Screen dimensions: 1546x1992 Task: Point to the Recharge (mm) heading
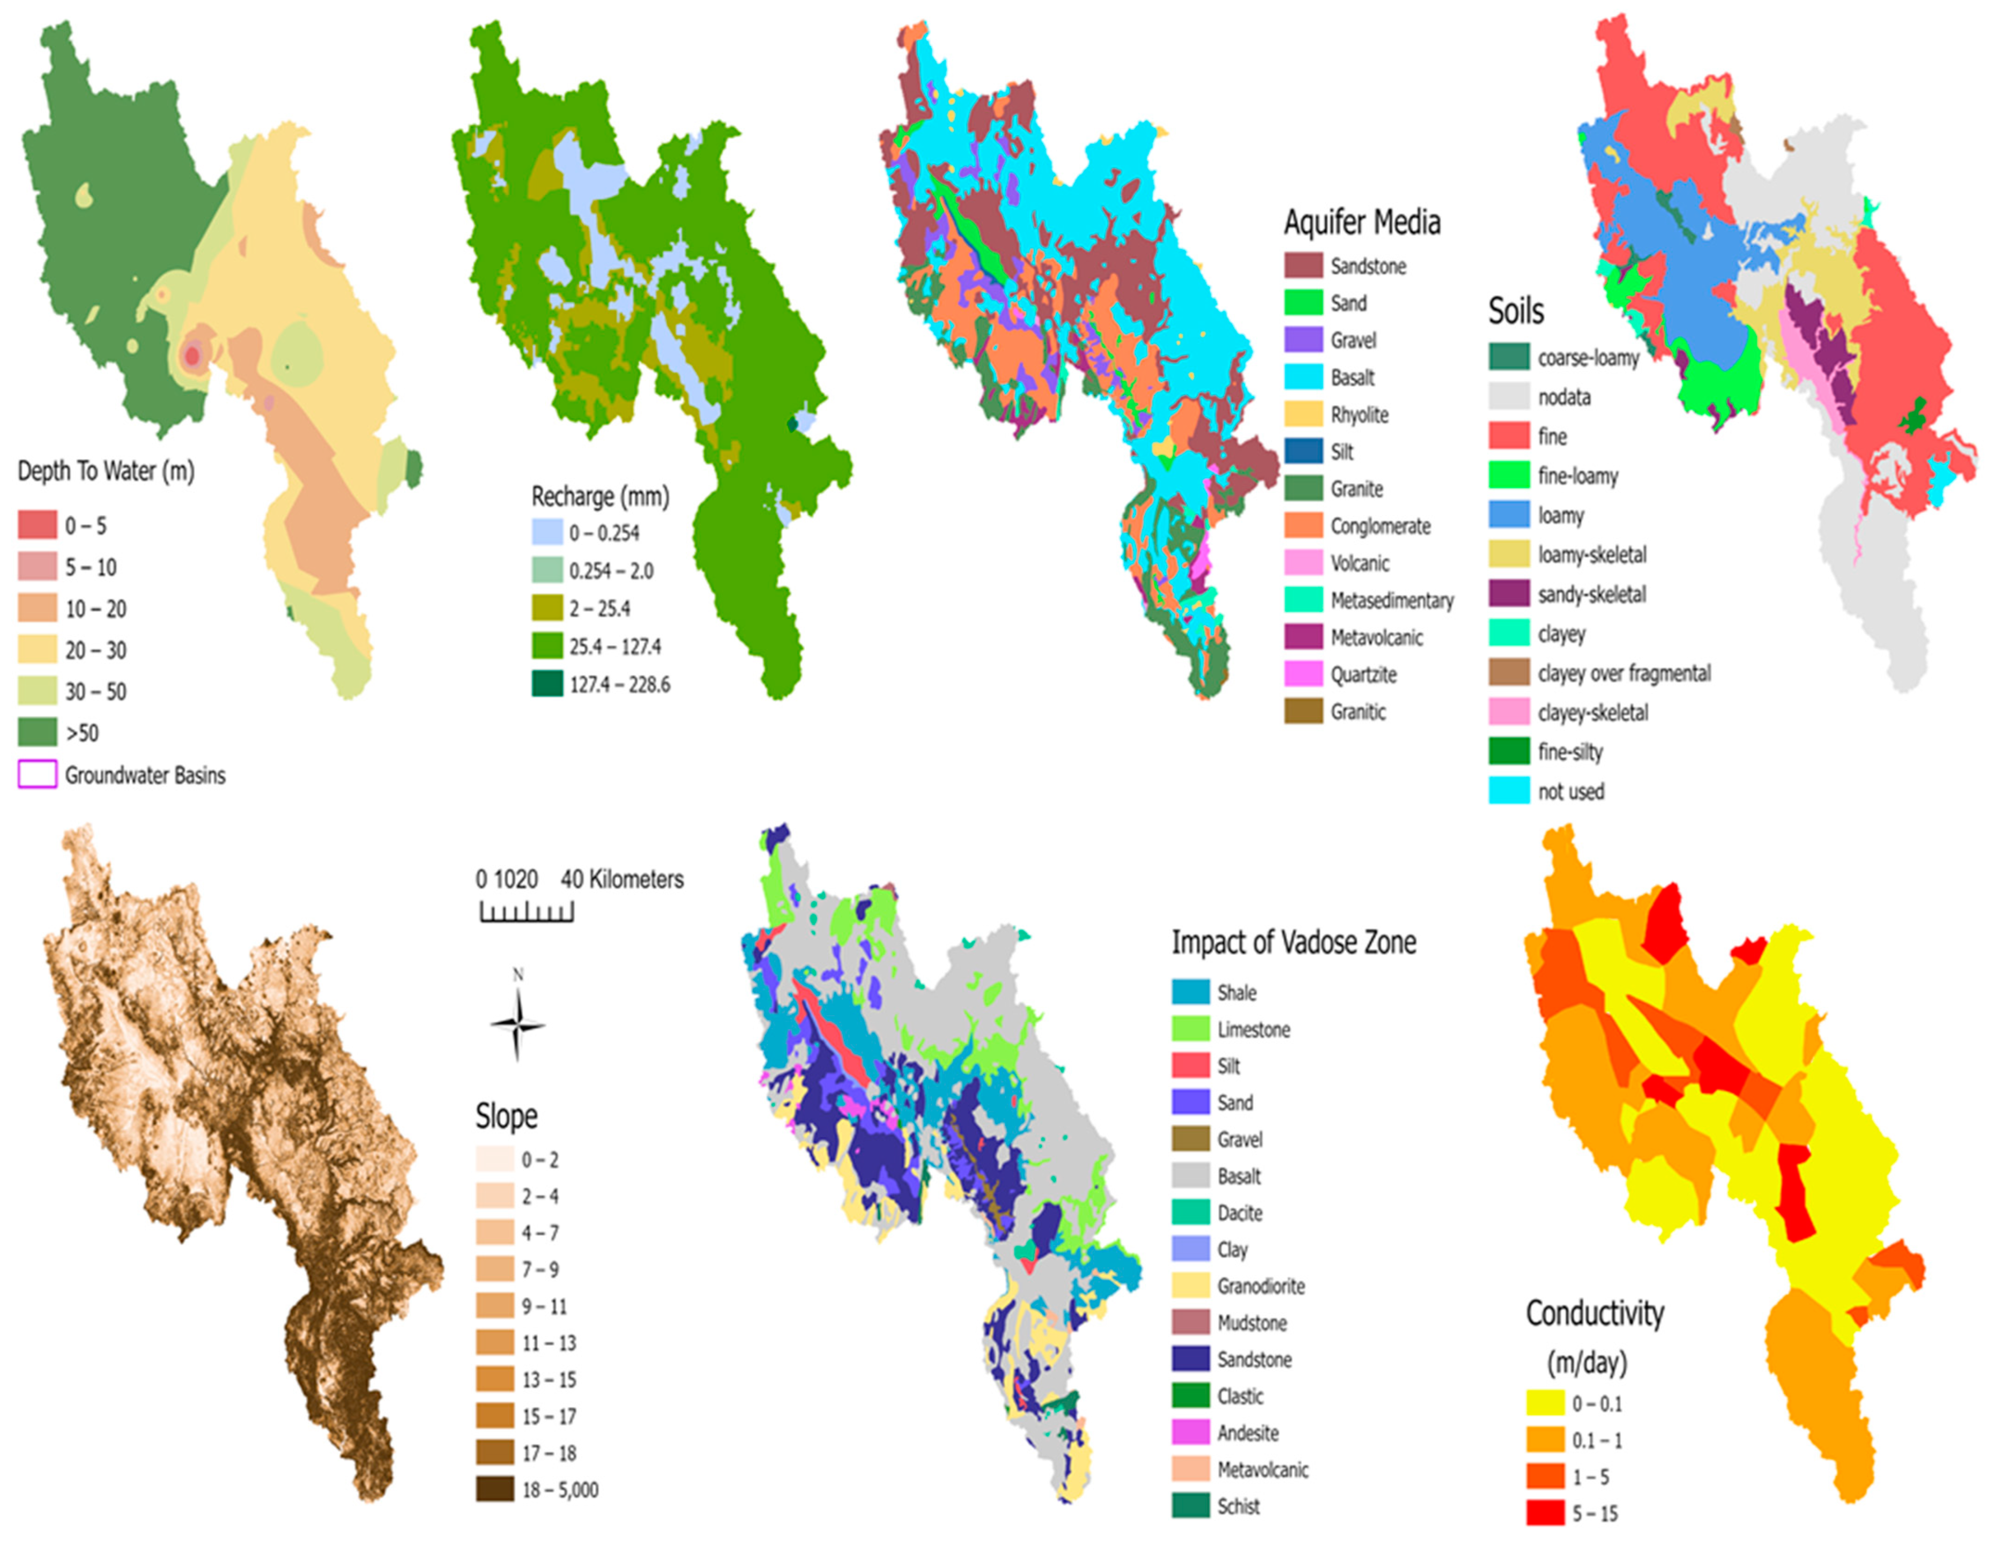pyautogui.click(x=600, y=497)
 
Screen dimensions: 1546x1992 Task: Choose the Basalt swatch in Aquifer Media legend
pyautogui.click(x=1304, y=376)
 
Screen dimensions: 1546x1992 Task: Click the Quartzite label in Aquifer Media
pyautogui.click(x=1363, y=675)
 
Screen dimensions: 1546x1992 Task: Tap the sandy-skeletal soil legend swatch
pyautogui.click(x=1509, y=594)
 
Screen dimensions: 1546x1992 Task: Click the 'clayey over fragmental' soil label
pyautogui.click(x=1623, y=673)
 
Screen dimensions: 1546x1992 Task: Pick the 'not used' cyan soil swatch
pyautogui.click(x=1509, y=791)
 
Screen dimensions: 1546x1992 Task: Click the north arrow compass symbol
pyautogui.click(x=518, y=1023)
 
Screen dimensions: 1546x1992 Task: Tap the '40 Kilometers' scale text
pyautogui.click(x=622, y=879)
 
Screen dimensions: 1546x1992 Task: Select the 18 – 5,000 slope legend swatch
pyautogui.click(x=494, y=1489)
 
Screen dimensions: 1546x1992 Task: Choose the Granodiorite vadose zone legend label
pyautogui.click(x=1260, y=1286)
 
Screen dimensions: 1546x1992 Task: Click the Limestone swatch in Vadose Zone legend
pyautogui.click(x=1190, y=1029)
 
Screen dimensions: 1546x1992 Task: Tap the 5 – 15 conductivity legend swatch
pyautogui.click(x=1545, y=1513)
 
